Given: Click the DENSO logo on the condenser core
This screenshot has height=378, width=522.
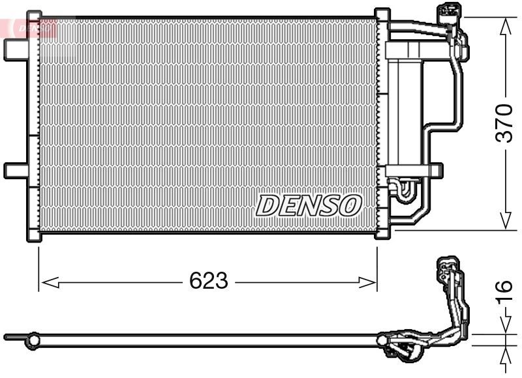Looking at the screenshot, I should (x=308, y=205).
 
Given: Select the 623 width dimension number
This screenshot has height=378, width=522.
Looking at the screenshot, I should (x=208, y=281).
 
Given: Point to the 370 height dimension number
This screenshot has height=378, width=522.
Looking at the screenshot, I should (x=504, y=122).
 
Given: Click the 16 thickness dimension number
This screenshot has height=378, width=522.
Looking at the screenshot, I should (x=504, y=294).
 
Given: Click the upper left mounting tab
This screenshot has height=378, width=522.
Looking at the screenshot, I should (x=14, y=50).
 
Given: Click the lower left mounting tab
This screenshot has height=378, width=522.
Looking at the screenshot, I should (x=14, y=170).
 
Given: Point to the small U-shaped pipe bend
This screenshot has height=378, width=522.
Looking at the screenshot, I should (x=403, y=190).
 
